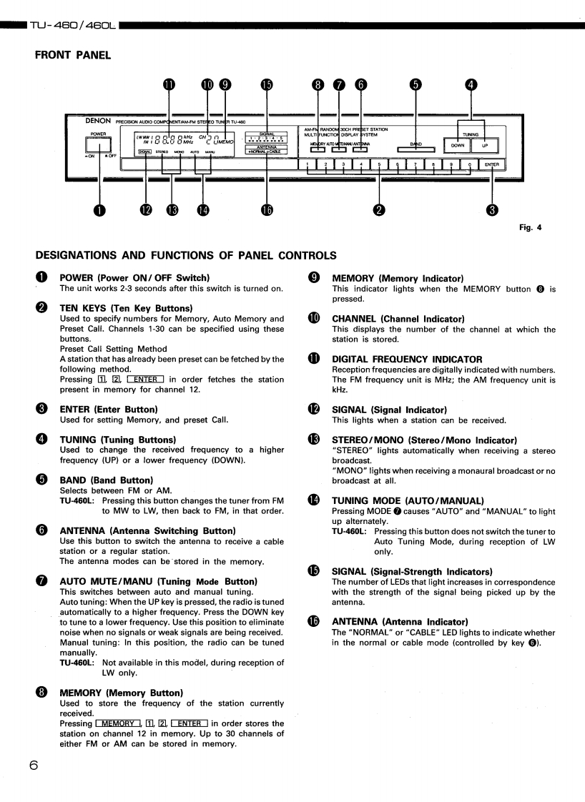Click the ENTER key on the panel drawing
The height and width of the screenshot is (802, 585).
click(491, 165)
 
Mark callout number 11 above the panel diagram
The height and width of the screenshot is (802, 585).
click(169, 84)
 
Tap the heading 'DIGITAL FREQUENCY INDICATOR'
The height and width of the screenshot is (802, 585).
click(407, 359)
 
